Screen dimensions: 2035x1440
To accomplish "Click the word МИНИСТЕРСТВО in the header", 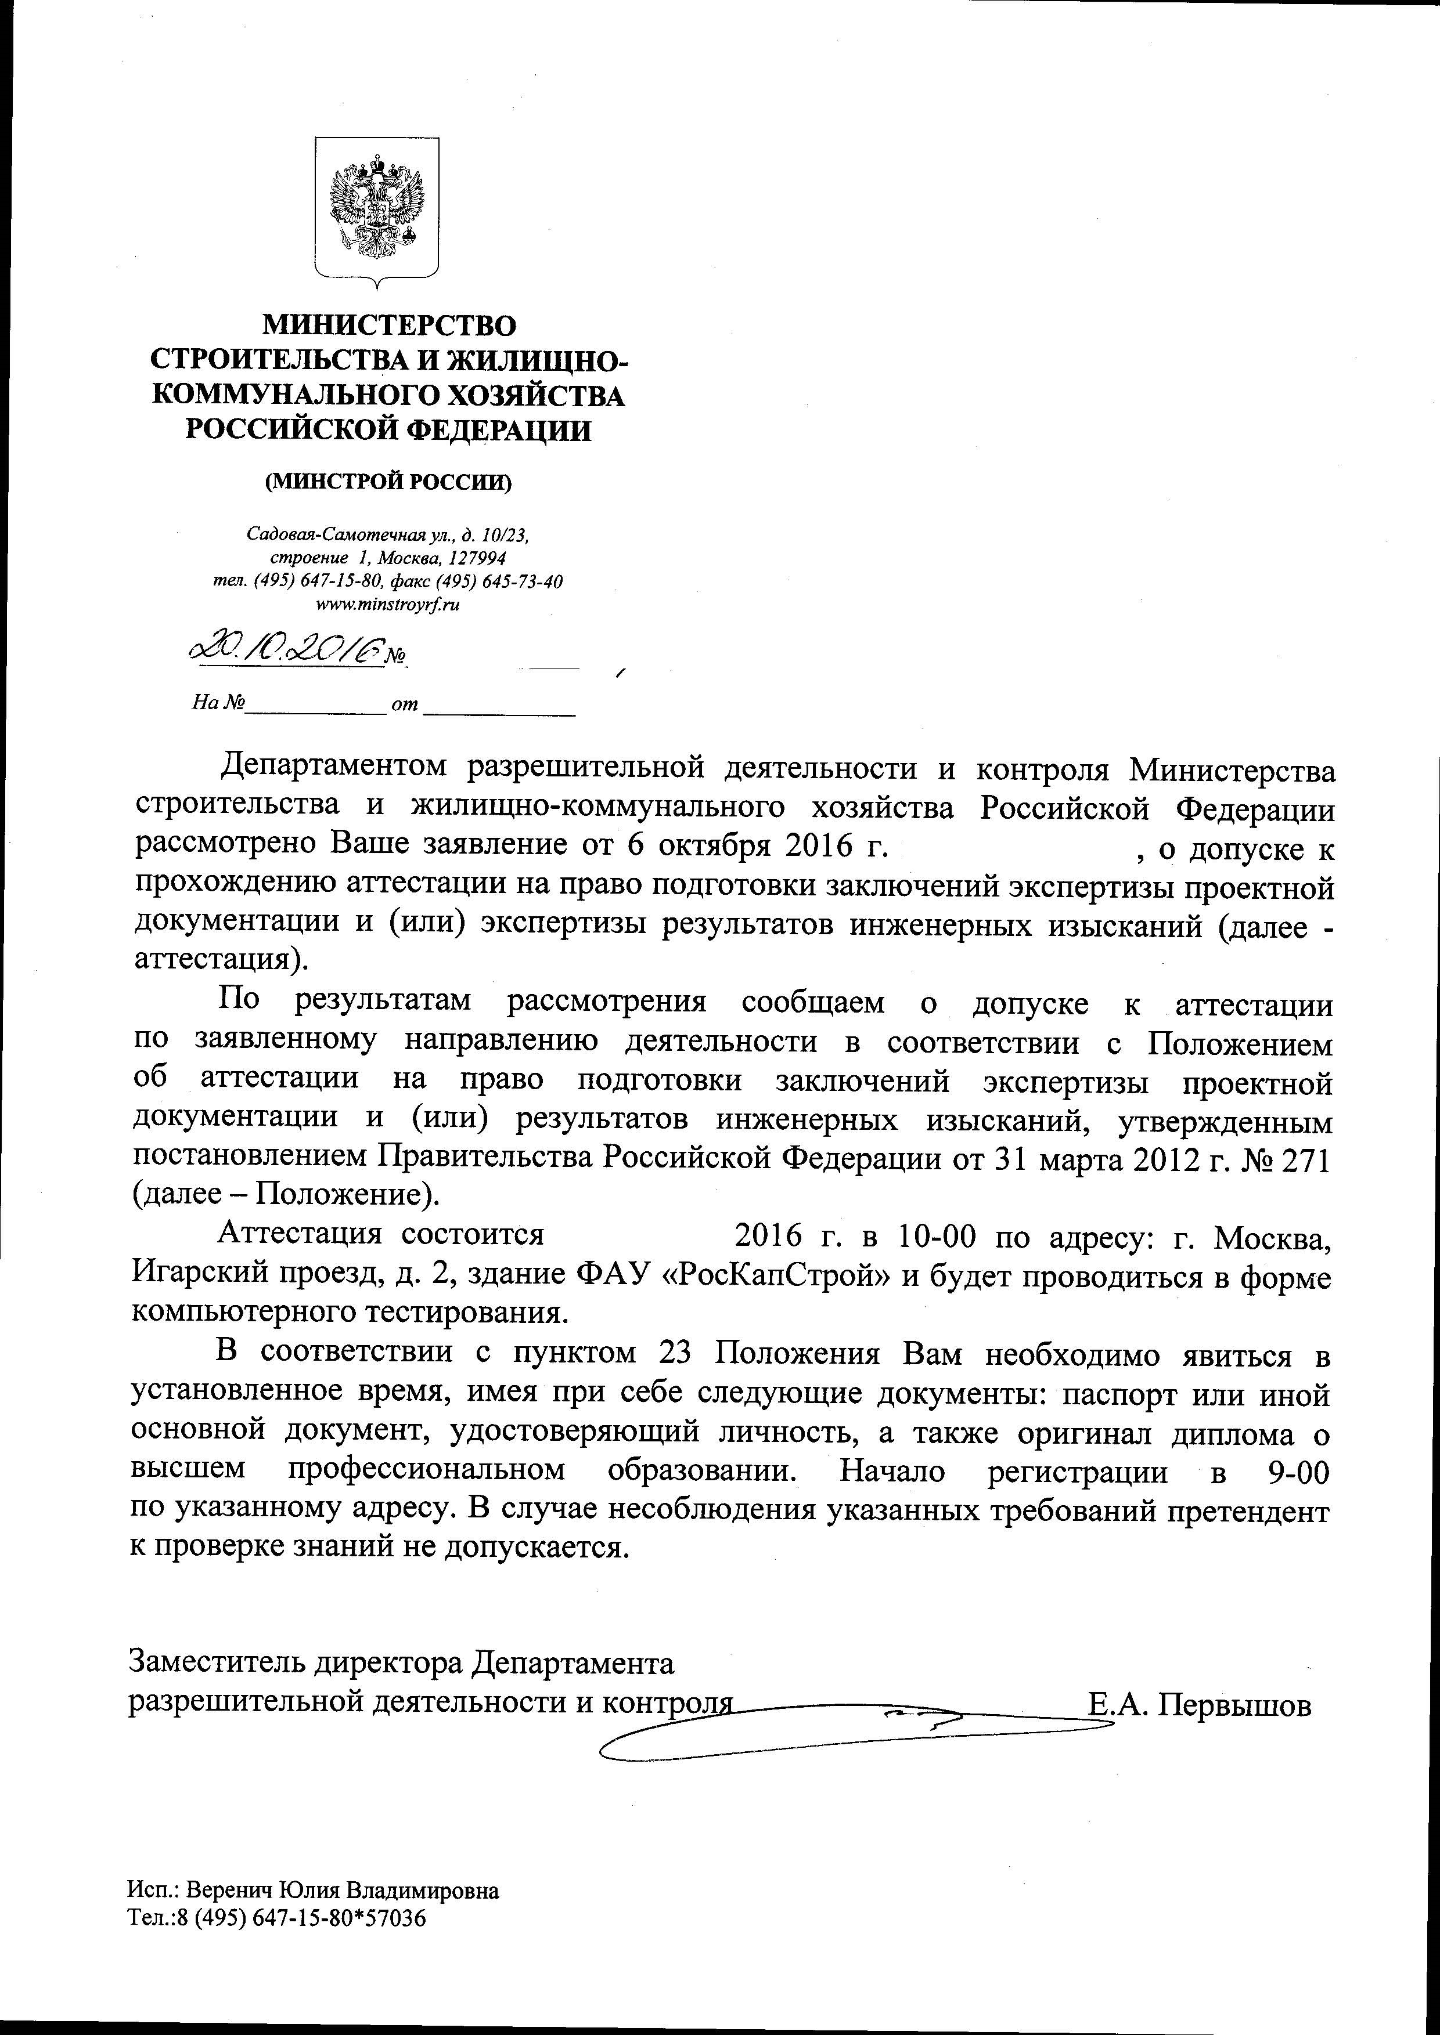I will pos(390,326).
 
